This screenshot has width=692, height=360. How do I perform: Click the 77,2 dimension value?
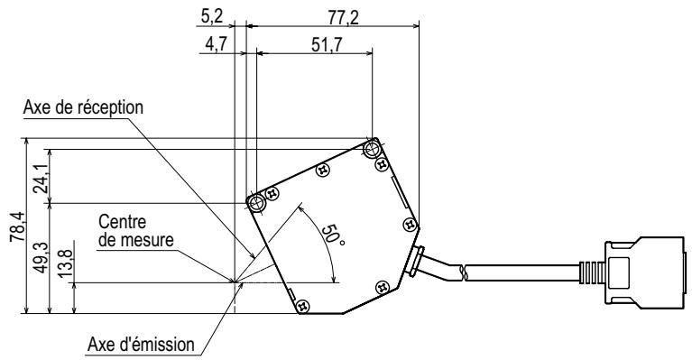(344, 18)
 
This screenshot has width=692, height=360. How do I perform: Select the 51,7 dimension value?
(327, 44)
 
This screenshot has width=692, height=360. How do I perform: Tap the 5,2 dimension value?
(212, 17)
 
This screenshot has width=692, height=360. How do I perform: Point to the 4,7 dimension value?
(217, 44)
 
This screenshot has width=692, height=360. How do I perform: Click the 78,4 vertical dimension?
(18, 226)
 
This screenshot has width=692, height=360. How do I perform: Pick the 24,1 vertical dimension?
(42, 179)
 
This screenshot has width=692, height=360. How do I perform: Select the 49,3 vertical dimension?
(42, 258)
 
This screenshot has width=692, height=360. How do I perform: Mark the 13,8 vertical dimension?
(65, 263)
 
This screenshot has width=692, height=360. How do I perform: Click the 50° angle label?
(333, 236)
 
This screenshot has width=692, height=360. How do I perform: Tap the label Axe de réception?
(83, 107)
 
